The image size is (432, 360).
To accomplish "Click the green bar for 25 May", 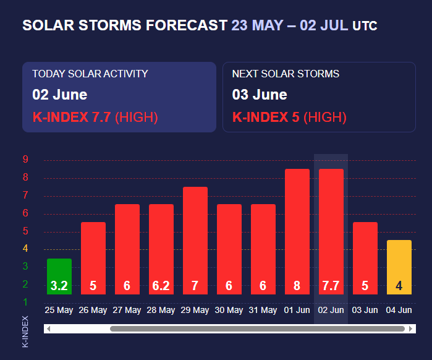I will (x=59, y=272).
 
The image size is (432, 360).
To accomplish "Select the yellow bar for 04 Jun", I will (x=399, y=263).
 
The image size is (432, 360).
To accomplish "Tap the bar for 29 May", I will (x=195, y=235).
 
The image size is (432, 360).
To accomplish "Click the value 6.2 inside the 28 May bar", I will (x=161, y=286).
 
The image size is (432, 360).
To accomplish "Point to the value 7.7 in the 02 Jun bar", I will (x=331, y=286).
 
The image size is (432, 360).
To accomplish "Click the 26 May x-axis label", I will (x=93, y=310).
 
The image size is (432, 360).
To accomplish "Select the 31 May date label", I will (x=263, y=310).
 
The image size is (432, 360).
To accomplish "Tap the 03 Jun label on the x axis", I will (x=365, y=310).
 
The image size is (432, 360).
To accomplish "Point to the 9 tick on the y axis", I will (x=25, y=160).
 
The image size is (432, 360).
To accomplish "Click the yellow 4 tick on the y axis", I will (x=25, y=249).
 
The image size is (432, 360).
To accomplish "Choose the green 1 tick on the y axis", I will (x=25, y=302).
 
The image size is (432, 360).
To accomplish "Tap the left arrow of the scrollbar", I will (x=48, y=328).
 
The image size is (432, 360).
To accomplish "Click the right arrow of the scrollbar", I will (x=411, y=328).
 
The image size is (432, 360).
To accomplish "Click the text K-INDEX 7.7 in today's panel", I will (x=72, y=117).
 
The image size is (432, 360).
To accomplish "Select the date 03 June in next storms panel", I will (x=260, y=95).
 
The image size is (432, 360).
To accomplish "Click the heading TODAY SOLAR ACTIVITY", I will (x=90, y=74).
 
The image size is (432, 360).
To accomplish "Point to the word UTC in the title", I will (x=365, y=26).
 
